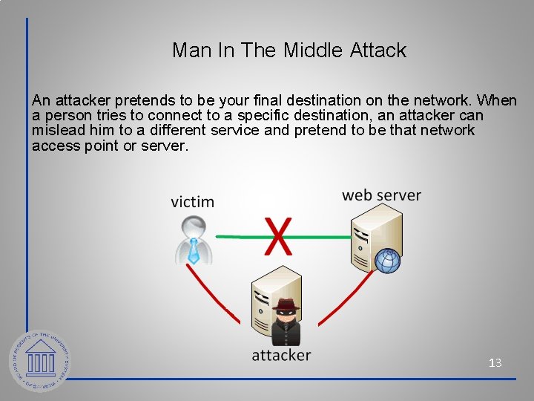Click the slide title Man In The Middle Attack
[289, 50]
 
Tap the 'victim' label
[192, 201]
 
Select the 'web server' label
[381, 195]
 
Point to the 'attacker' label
[281, 355]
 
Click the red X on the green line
[278, 236]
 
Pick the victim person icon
[194, 240]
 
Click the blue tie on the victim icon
[194, 252]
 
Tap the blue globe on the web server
[387, 261]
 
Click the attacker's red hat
[285, 303]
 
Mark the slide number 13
[495, 363]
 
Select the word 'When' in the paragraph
[496, 100]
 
